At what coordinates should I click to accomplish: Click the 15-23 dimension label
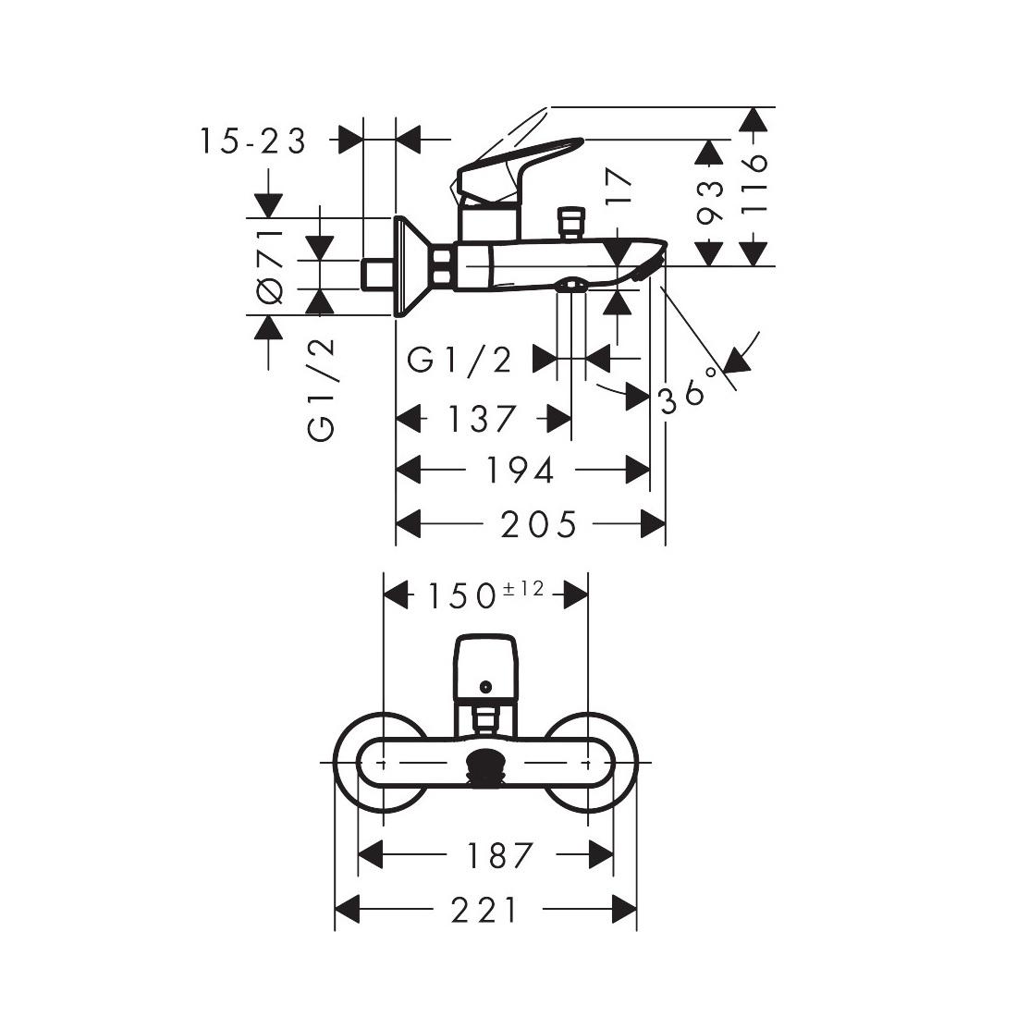[x=251, y=141]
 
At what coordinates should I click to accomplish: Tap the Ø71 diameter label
[x=269, y=264]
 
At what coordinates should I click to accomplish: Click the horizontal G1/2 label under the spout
[x=459, y=359]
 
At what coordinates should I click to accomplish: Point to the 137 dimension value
[x=482, y=419]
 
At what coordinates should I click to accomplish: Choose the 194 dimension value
[x=521, y=471]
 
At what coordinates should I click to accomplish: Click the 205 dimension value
[x=539, y=525]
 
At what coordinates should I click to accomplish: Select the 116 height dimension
[x=755, y=185]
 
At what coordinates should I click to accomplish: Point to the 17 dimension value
[x=620, y=188]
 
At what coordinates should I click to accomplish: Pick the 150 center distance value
[x=460, y=596]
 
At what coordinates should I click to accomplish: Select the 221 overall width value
[x=485, y=911]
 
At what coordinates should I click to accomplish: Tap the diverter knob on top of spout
[x=570, y=223]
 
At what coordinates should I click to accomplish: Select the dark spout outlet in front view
[x=485, y=766]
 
